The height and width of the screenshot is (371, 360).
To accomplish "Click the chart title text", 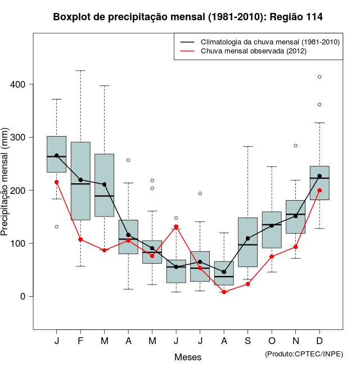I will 188,17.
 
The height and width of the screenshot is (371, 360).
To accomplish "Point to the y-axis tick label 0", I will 23,296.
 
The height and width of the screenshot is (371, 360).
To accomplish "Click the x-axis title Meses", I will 188,357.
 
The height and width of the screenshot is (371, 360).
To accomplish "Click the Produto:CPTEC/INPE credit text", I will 304,354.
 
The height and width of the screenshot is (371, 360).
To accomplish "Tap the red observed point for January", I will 57,182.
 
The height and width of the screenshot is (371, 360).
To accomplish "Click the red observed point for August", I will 224,292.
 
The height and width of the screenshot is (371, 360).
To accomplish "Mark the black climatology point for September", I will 248,238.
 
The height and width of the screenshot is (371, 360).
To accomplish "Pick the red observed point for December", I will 319,191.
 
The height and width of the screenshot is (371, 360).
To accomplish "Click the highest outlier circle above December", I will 319,77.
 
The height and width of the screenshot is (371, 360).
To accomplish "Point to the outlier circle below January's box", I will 57,227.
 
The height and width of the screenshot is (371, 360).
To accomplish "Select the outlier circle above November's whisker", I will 296,146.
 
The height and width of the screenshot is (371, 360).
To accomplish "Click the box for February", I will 80,180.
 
